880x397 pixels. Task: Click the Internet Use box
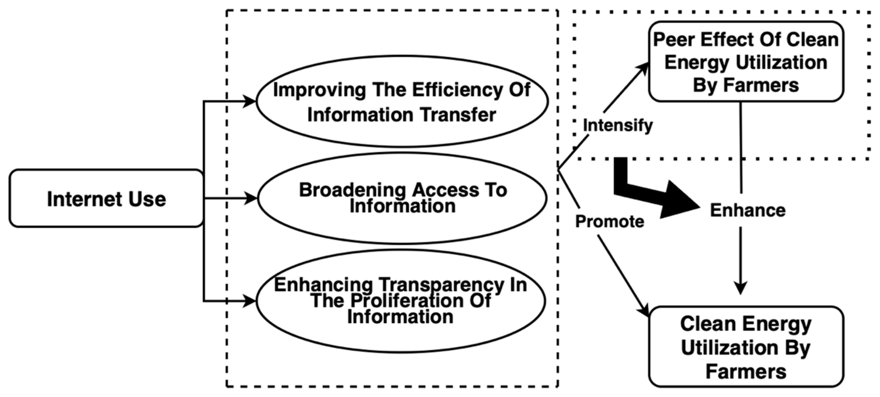tap(106, 198)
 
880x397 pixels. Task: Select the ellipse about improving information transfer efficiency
tap(402, 101)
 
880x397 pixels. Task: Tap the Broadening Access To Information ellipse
tap(402, 198)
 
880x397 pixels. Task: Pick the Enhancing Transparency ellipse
tap(400, 301)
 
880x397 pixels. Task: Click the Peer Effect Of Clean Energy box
tap(746, 62)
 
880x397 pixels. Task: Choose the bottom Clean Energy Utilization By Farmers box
tap(746, 347)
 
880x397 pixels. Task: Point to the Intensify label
tap(618, 125)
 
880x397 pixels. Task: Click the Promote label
tap(610, 222)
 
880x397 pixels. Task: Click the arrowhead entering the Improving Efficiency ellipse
tap(250, 101)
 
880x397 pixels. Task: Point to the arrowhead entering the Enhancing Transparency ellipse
tap(250, 301)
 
